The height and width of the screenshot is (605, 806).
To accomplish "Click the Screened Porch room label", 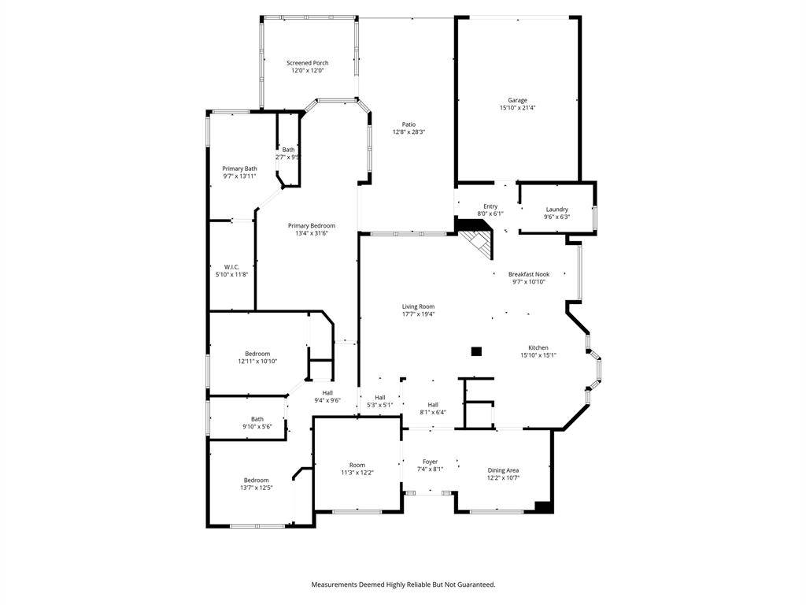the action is point(308,63).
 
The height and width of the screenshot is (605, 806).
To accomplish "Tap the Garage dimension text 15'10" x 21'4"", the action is point(518,108).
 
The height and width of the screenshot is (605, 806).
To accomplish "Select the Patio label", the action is point(409,124).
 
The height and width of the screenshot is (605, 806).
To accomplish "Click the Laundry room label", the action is point(556,210).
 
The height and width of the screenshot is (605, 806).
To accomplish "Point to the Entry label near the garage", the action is point(490,206).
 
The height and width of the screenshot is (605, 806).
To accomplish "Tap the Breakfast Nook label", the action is point(529,274).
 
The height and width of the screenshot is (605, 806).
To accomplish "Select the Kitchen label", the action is point(538,347).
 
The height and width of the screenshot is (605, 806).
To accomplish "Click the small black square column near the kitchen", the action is point(476,352).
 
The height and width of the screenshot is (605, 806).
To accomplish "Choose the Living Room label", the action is point(419,306).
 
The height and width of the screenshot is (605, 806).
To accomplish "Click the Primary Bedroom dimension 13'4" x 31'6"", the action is point(312,233).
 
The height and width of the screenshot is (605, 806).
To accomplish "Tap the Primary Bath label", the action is point(239,169).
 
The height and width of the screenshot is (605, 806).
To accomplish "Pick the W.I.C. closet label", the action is point(232,267).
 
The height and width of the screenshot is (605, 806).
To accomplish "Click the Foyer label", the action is point(431,462).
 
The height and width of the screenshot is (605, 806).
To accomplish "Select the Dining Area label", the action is point(503,470).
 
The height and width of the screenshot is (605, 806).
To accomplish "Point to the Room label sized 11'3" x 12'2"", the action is point(357,465).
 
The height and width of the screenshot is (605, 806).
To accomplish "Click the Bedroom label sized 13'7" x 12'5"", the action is point(256,480).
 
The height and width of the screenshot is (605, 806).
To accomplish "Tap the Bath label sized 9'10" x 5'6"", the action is point(257,419).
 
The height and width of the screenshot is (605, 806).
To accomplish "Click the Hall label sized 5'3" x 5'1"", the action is point(380,398).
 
